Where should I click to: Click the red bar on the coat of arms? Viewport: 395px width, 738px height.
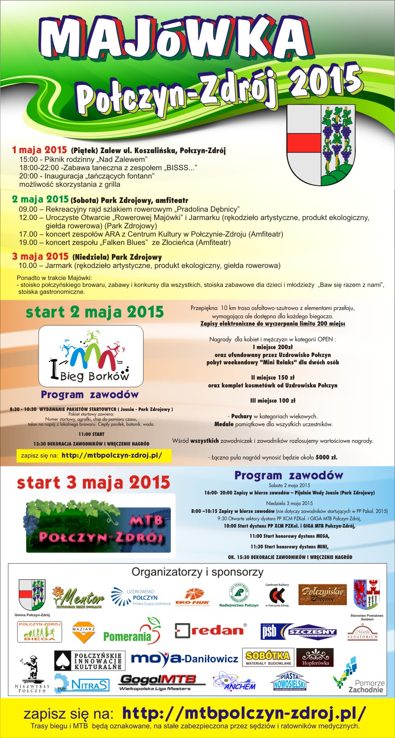point(304,142)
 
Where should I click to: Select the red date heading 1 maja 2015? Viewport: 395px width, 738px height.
point(40,150)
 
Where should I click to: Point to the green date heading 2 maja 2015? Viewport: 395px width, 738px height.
point(41,200)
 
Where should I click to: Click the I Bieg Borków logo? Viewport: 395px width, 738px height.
point(91,356)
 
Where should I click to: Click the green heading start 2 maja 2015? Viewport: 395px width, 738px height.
point(95,312)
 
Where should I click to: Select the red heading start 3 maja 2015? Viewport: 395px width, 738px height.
point(93,483)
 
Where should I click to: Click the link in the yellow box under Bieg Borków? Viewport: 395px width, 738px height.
point(111,456)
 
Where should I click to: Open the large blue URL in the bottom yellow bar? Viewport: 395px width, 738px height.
point(244,713)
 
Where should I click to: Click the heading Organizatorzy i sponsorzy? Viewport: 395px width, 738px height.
point(197,572)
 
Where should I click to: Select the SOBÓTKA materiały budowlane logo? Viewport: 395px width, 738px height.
point(267,658)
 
